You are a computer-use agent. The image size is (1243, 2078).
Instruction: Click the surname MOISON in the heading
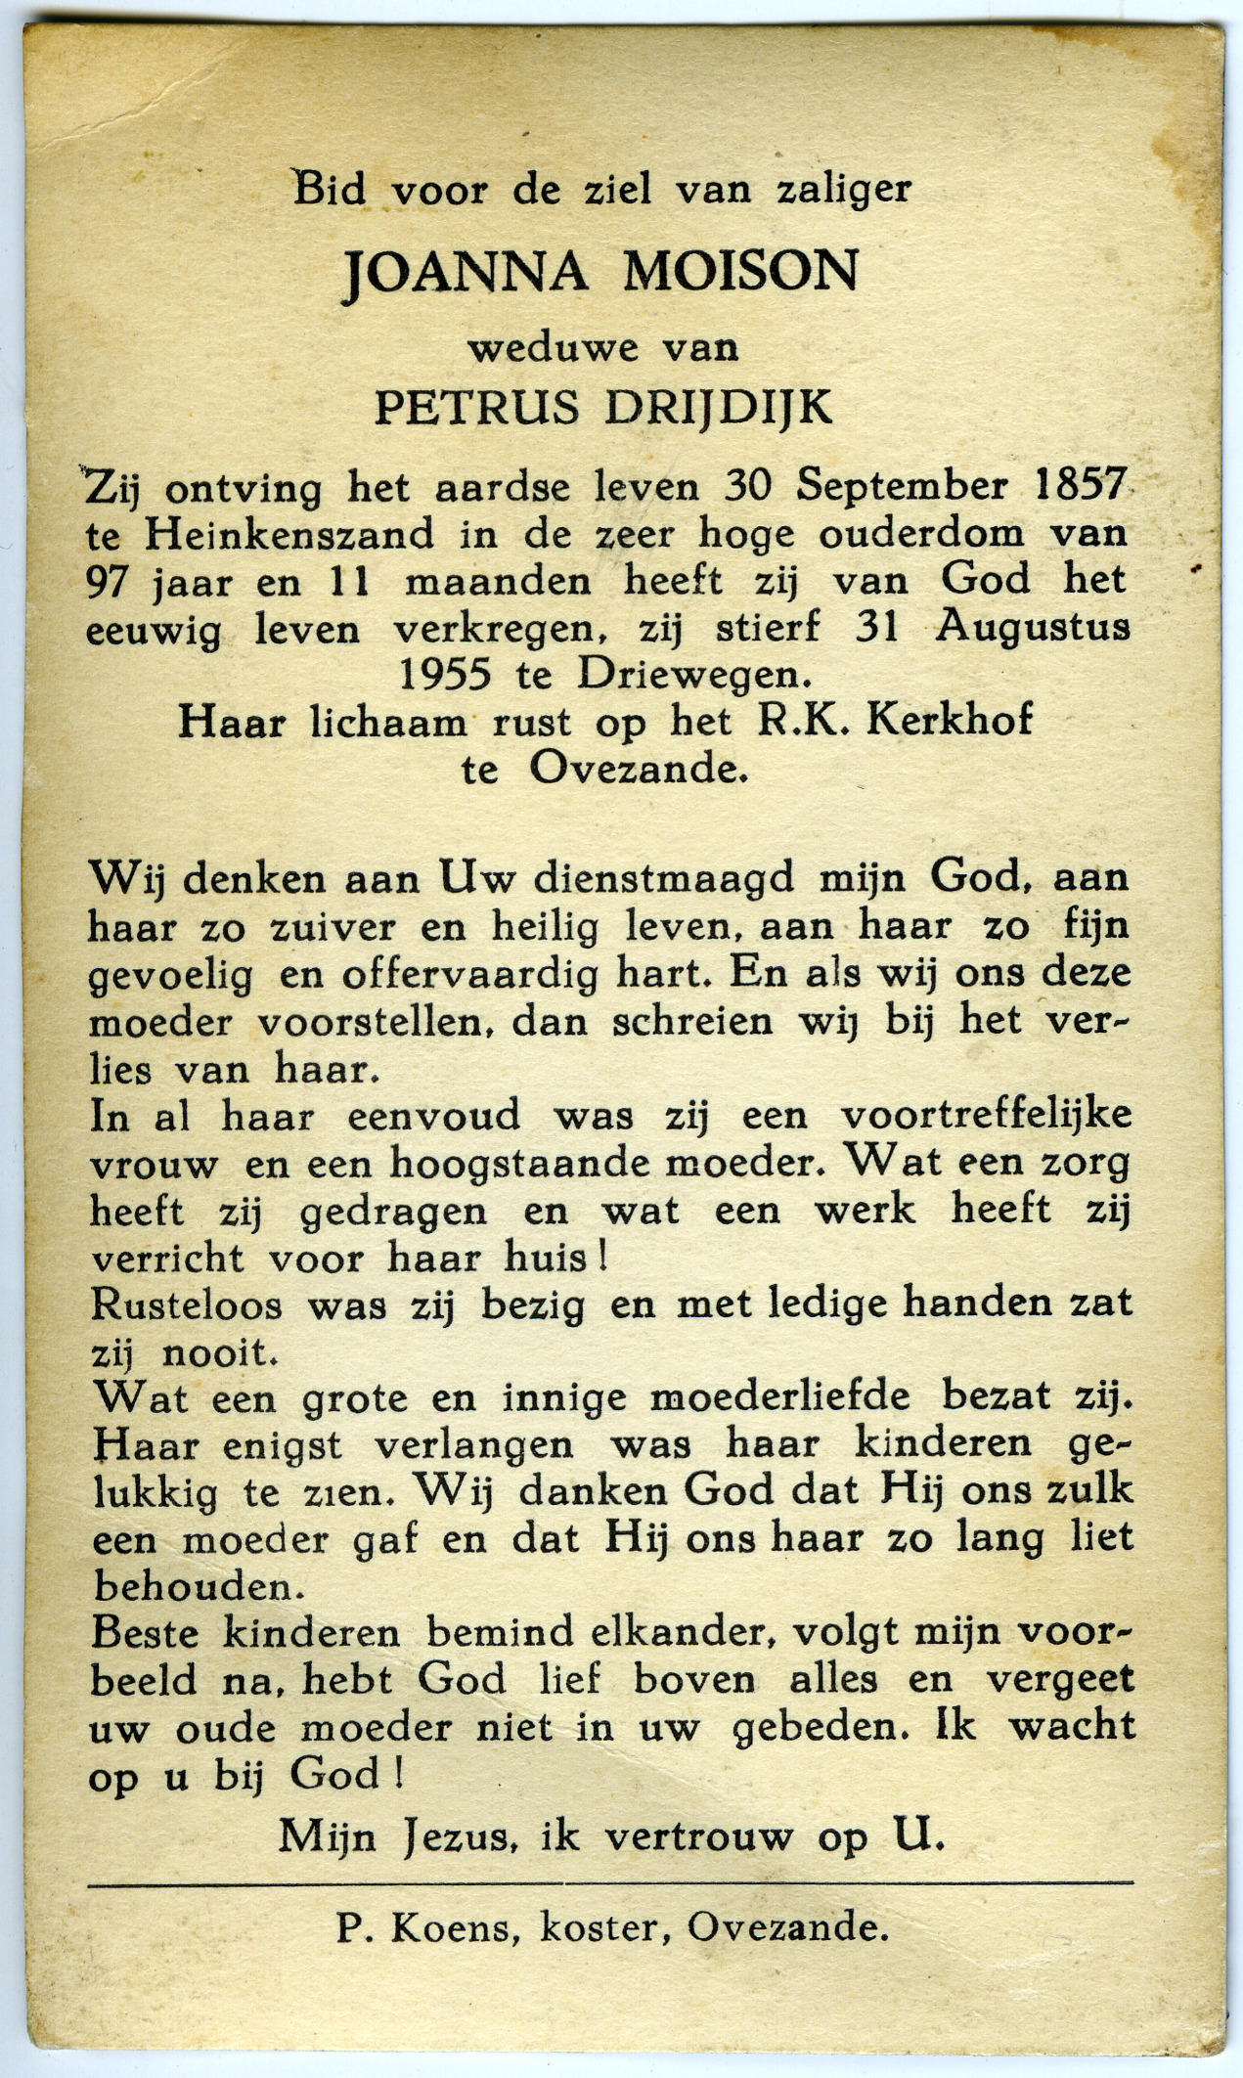[x=740, y=273]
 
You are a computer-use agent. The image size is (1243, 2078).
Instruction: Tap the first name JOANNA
[x=466, y=274]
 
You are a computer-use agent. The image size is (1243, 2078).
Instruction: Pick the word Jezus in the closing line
[x=459, y=1836]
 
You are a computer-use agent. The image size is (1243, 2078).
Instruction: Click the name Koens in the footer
[x=451, y=1926]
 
